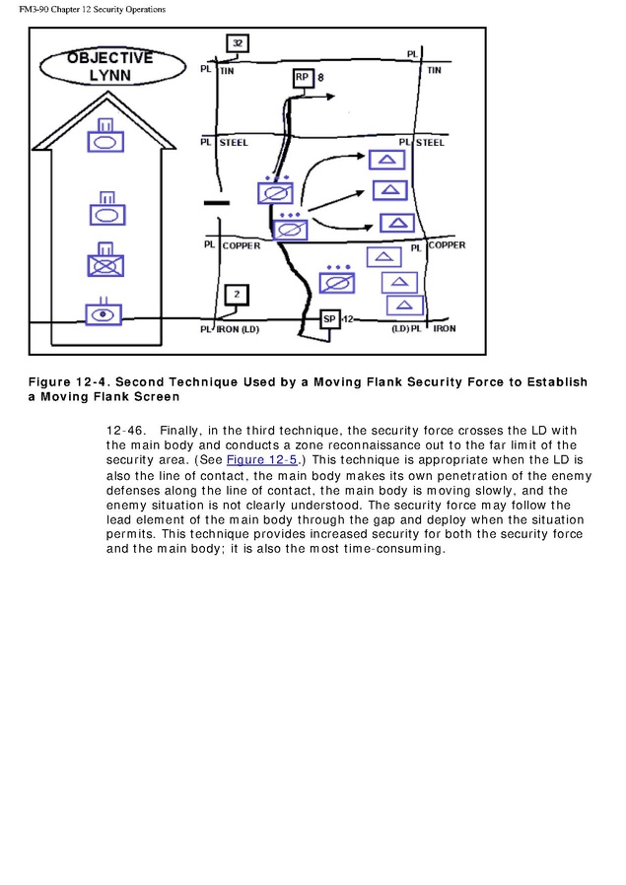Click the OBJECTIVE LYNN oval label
(x=111, y=66)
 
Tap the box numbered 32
(x=238, y=43)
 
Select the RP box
(x=302, y=78)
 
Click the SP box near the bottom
(x=330, y=319)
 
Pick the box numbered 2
(x=237, y=295)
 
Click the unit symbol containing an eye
(x=104, y=313)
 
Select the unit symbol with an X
(x=104, y=263)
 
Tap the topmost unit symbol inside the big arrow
(x=105, y=139)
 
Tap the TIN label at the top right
(x=434, y=71)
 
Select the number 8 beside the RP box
(x=320, y=76)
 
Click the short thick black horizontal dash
(x=216, y=204)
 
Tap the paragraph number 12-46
(x=124, y=431)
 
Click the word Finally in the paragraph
(x=178, y=431)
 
